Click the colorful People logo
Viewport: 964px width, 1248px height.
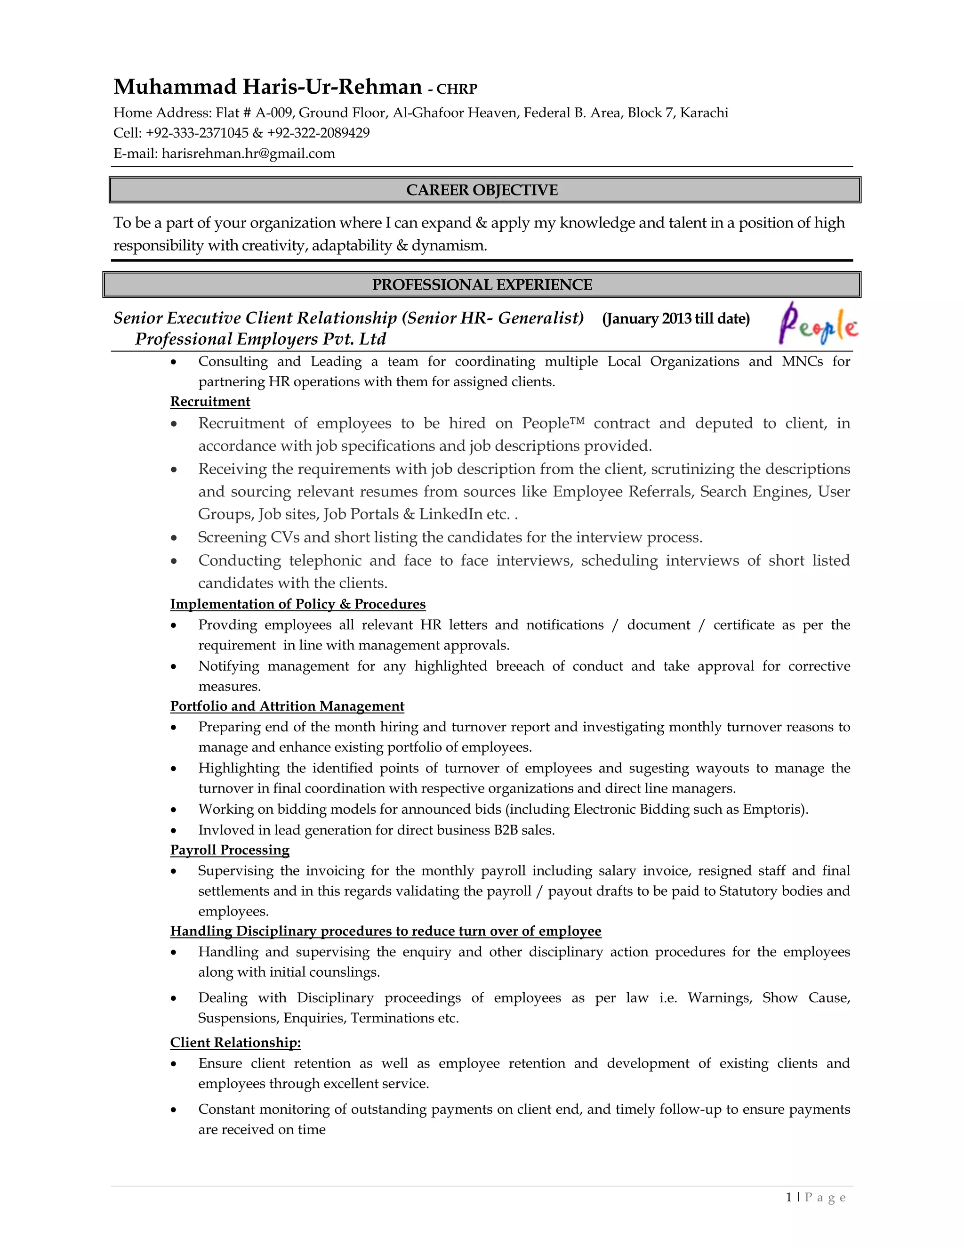click(x=818, y=324)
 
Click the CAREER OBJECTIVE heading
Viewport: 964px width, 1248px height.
click(x=482, y=190)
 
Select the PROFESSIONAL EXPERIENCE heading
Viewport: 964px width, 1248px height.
click(x=482, y=285)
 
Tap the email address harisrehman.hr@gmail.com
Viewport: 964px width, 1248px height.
click(x=248, y=154)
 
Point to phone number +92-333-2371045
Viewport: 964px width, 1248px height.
click(x=197, y=133)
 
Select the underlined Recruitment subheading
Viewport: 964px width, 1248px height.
click(x=210, y=402)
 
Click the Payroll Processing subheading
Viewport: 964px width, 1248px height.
click(x=230, y=850)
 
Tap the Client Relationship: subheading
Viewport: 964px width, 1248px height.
click(x=235, y=1043)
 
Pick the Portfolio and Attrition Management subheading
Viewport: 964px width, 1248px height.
click(x=287, y=706)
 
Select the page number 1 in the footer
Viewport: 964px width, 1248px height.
click(x=789, y=1198)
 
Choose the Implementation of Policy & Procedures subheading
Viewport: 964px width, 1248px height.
click(x=297, y=605)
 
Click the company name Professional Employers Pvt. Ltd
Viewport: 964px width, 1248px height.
click(x=260, y=340)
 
